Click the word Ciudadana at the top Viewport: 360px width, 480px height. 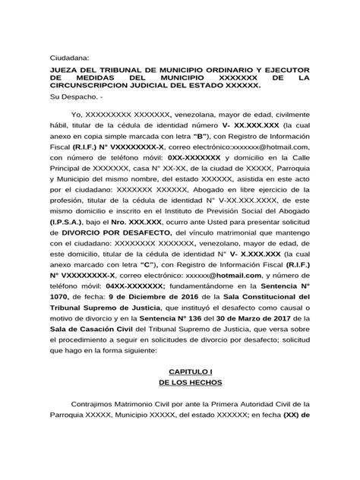tap(69, 57)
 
